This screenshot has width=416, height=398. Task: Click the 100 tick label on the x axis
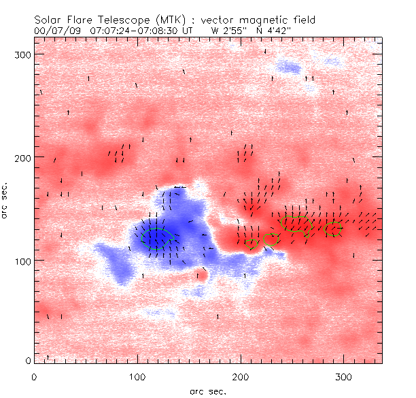(137, 376)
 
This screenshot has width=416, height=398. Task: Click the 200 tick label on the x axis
(241, 376)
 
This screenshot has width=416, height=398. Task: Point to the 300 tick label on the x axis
(344, 376)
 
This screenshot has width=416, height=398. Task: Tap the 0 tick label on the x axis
(34, 376)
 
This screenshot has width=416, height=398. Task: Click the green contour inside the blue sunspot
(156, 238)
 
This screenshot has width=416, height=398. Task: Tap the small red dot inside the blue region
(201, 276)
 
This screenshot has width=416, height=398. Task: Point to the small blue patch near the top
(288, 67)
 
